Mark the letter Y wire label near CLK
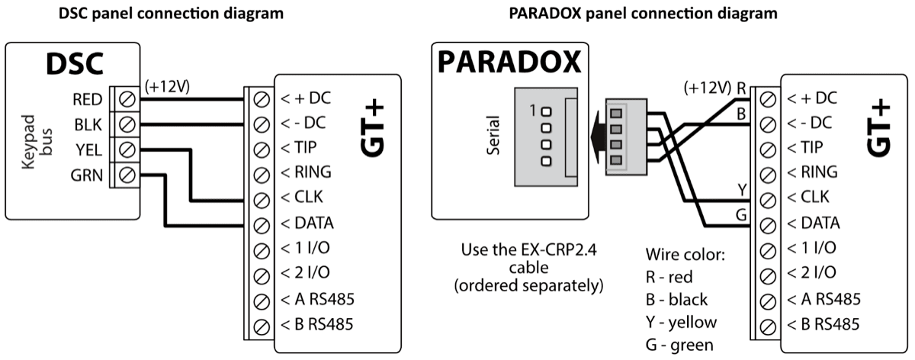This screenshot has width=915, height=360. (x=740, y=188)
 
